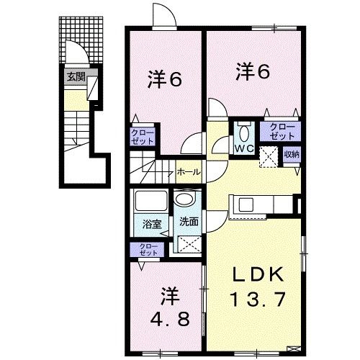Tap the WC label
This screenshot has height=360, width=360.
pyautogui.click(x=243, y=150)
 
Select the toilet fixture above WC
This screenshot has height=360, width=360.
pyautogui.click(x=243, y=132)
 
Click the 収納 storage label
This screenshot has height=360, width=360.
pyautogui.click(x=291, y=153)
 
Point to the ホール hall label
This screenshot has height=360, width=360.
pyautogui.click(x=189, y=173)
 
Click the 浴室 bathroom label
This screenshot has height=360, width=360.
pyautogui.click(x=150, y=223)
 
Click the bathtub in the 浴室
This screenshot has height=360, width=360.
pyautogui.click(x=150, y=201)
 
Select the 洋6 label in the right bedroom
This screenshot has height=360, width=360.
pyautogui.click(x=253, y=71)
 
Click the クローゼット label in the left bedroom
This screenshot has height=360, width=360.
pyautogui.click(x=141, y=137)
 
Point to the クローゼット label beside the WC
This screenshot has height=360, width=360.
pyautogui.click(x=281, y=130)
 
